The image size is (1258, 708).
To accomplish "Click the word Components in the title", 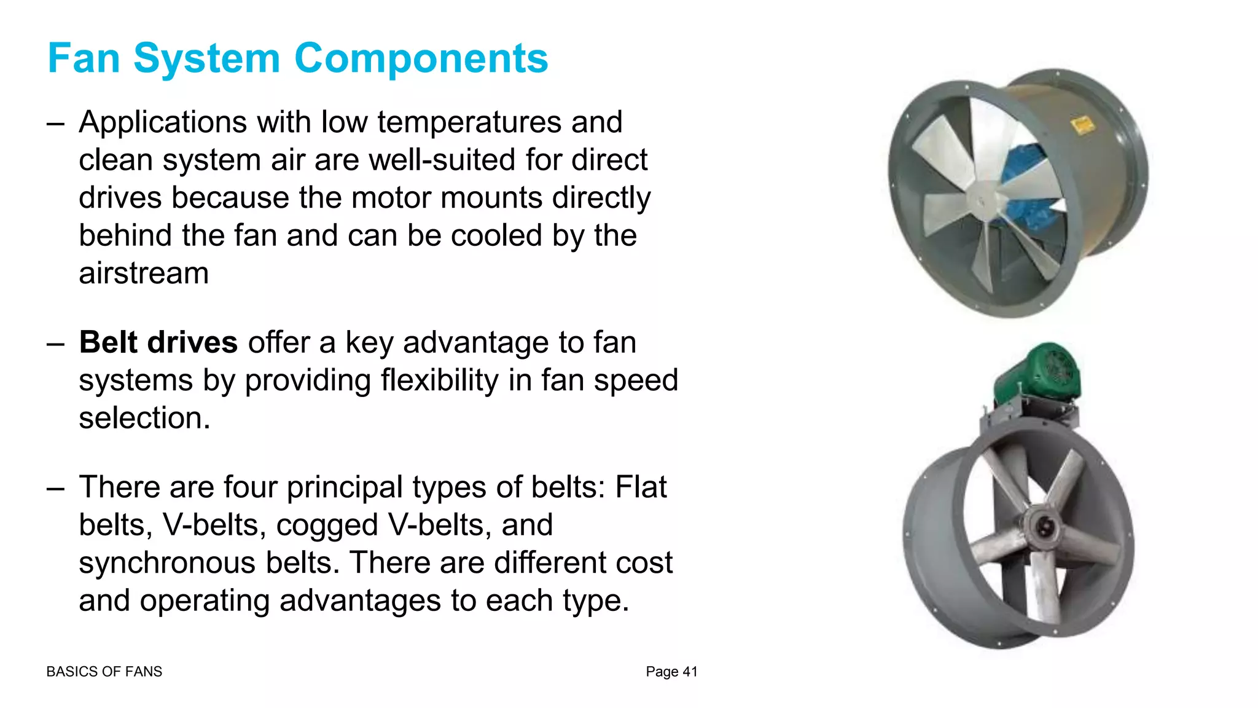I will [x=421, y=59].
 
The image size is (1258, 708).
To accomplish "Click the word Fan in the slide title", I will [x=84, y=59].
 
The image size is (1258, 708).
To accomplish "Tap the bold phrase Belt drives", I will [x=158, y=342].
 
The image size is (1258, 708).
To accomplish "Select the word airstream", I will [x=144, y=273].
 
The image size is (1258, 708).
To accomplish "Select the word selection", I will [x=144, y=419].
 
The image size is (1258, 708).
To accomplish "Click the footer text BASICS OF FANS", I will [x=104, y=672].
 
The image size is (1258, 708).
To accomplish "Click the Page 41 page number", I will [x=671, y=672].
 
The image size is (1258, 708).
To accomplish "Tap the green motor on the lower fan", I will [x=1038, y=372].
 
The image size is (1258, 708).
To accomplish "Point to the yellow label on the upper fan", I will [x=1082, y=126].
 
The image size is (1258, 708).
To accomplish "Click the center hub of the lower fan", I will [x=1044, y=526].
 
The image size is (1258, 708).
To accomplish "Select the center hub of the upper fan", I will [x=981, y=200].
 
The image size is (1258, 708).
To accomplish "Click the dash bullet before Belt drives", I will [x=55, y=344].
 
